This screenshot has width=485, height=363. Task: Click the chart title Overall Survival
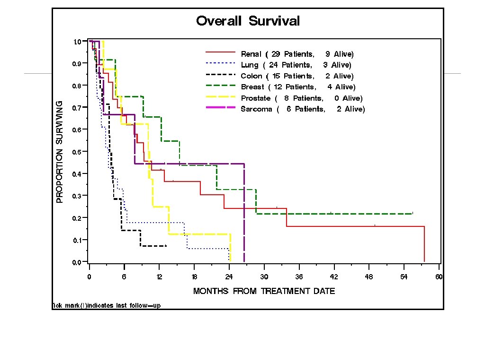(248, 21)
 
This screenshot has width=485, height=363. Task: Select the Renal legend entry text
(297, 54)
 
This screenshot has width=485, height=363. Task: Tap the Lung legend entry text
(296, 65)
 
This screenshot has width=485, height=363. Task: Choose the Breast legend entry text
(298, 87)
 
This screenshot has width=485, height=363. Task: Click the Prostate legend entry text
(302, 98)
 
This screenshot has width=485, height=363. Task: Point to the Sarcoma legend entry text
(303, 109)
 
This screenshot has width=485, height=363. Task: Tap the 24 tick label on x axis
(229, 277)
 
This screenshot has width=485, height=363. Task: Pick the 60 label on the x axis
(439, 277)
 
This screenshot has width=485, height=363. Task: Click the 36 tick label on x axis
(299, 277)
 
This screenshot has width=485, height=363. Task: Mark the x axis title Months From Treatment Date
(264, 291)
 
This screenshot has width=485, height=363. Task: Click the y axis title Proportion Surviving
(60, 152)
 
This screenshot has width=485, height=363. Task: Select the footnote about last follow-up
(106, 305)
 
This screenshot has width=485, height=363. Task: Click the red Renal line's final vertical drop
(424, 244)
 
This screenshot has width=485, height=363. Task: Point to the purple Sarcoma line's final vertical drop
(244, 213)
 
